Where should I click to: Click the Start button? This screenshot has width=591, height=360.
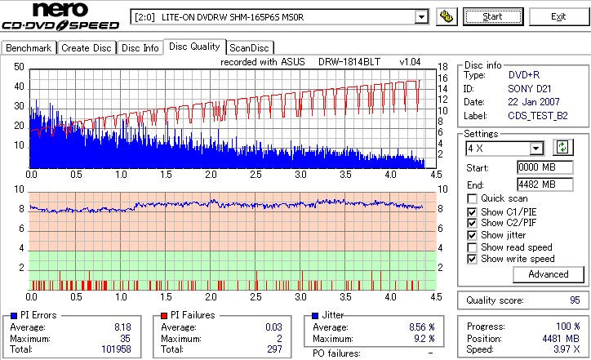(x=493, y=16)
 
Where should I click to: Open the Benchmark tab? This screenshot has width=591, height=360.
(x=29, y=48)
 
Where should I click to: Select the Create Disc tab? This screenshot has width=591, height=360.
(x=87, y=48)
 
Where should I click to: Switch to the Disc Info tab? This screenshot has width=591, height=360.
(x=140, y=48)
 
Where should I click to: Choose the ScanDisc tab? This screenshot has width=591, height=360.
(x=249, y=48)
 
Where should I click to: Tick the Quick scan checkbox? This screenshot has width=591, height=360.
(x=473, y=198)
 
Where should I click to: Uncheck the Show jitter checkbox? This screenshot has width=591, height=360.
(x=473, y=235)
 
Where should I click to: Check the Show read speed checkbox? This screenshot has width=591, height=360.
(x=473, y=247)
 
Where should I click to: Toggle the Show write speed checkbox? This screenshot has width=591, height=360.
(x=473, y=259)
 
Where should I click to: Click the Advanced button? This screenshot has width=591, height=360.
(x=548, y=274)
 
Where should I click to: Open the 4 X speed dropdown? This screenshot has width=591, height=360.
(x=536, y=149)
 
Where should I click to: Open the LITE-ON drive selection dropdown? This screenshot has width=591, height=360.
(x=421, y=16)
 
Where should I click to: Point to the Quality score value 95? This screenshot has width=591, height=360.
(x=575, y=300)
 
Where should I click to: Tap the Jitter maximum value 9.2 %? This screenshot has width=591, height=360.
(x=422, y=338)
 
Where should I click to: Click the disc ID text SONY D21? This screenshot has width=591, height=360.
(x=530, y=87)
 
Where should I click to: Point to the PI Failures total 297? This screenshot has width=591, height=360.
(x=273, y=349)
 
